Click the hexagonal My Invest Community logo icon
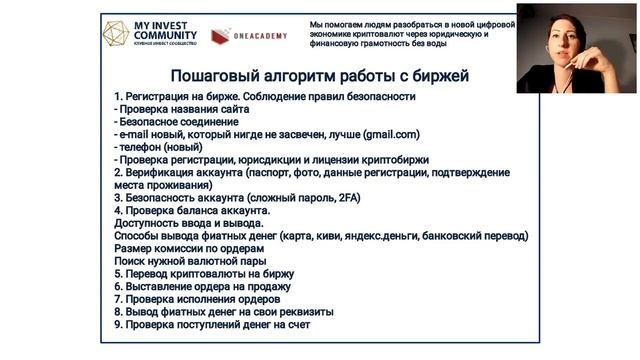click(x=121, y=33)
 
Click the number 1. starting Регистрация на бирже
click(x=119, y=96)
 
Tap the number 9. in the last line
click(x=119, y=324)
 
